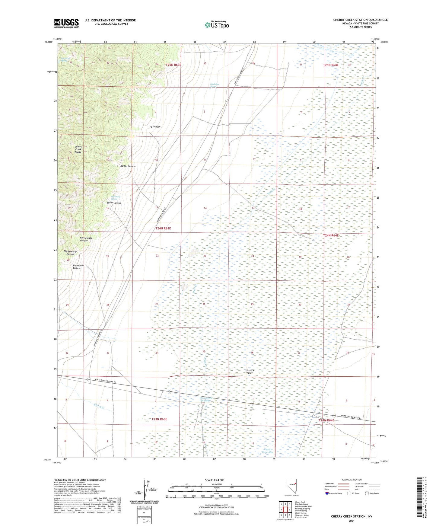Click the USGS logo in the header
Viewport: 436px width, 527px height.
(66, 23)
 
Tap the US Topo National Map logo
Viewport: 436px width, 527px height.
(216, 24)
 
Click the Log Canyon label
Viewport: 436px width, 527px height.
(154, 127)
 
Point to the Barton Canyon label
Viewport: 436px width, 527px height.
(128, 166)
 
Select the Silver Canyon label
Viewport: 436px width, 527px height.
(114, 203)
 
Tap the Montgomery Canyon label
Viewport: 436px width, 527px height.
(70, 253)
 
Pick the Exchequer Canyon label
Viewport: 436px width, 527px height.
(77, 267)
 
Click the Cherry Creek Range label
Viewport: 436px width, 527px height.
(78, 149)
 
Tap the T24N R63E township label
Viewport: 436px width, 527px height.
(163, 228)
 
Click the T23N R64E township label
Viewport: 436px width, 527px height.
(326, 420)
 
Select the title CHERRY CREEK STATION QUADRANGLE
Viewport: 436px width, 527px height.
(360, 20)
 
